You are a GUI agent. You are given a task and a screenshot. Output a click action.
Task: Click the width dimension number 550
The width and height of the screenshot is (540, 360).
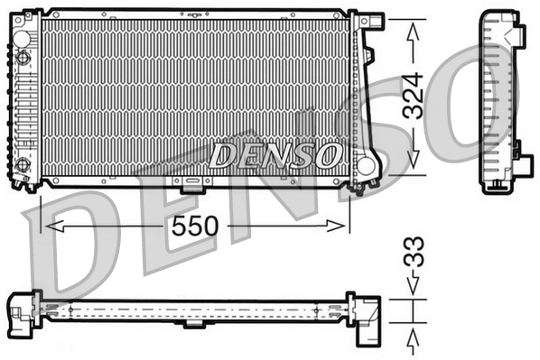coord(195,226)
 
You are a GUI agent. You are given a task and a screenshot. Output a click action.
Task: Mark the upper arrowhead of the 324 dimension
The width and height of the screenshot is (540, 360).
coord(414,26)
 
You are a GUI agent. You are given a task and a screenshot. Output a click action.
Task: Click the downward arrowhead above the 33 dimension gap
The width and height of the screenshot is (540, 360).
coord(413,291)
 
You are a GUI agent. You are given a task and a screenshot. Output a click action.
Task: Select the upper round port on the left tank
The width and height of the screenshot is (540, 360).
coord(23,35)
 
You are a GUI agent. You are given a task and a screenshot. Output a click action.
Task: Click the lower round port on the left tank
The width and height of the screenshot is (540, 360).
coord(23,165)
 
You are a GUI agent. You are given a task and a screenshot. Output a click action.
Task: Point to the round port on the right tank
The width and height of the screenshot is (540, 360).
coord(365,165)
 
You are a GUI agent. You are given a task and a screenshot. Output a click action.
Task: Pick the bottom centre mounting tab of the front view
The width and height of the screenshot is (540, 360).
coord(192,187)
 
